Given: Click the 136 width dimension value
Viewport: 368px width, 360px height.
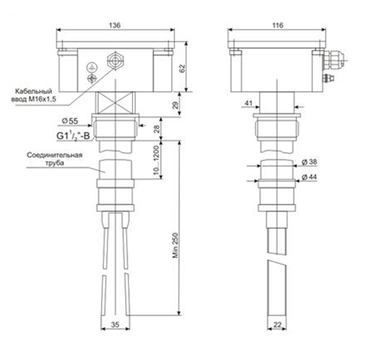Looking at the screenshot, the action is pos(115,25).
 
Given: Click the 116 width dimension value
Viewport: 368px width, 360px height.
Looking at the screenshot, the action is pos(278,25).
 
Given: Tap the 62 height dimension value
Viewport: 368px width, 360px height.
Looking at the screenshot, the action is pos(183,68).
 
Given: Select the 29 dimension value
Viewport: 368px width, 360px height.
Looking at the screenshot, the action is pos(175,105).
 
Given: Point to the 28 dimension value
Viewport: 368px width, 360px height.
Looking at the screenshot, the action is pos(157,129).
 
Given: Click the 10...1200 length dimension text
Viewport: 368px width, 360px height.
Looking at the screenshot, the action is pos(157,161).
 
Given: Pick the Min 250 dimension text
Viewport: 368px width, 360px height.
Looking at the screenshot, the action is pos(175,246).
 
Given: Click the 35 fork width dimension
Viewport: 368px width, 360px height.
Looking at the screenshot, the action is pos(115,325).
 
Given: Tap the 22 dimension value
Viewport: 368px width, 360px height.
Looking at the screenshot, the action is pos(277,325).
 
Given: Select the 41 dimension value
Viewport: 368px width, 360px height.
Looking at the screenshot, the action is pos(248,103).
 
